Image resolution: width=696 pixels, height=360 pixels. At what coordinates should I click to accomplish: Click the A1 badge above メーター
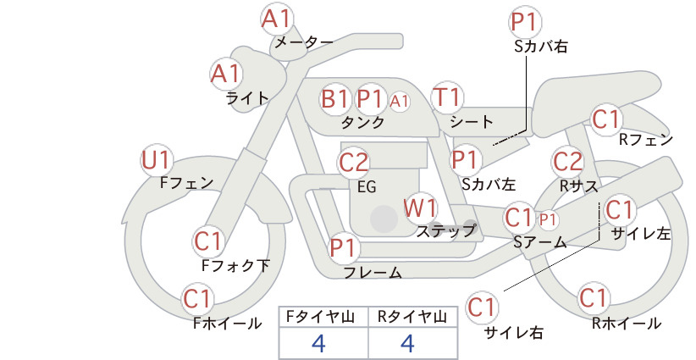[x=276, y=19]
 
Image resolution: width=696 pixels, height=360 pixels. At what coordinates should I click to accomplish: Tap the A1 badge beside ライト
[x=226, y=74]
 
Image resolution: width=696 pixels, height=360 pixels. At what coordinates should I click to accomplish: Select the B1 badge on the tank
[x=334, y=98]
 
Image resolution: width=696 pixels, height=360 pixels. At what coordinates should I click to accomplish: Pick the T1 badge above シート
[x=447, y=97]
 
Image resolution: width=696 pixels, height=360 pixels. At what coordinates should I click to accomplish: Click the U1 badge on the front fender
[x=156, y=160]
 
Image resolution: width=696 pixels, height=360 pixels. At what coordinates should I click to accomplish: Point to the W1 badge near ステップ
[x=420, y=208]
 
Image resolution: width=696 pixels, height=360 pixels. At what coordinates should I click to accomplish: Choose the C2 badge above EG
[x=354, y=163]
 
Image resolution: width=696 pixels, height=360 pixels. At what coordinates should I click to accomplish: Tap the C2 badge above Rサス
[x=567, y=162]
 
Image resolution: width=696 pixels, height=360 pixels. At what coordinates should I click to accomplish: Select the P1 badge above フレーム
[x=344, y=247]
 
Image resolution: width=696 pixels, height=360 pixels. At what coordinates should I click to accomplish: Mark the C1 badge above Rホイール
[x=594, y=298]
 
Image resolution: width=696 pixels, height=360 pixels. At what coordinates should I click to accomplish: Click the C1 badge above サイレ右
[x=482, y=307]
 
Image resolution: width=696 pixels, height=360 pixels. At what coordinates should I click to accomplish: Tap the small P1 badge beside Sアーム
[x=548, y=219]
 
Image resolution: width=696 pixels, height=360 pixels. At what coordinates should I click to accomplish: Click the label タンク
[x=362, y=123]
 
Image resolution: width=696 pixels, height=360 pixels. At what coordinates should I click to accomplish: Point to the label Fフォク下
[x=235, y=265]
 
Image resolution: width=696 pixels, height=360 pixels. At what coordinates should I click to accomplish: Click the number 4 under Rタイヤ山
[x=407, y=343]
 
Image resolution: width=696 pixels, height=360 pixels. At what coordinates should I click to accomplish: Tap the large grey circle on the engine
[x=384, y=219]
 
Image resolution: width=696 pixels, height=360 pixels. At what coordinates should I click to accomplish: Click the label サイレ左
[x=641, y=234]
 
